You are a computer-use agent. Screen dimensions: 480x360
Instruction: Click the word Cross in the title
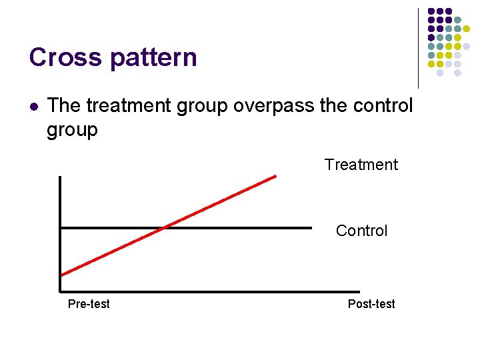(65, 57)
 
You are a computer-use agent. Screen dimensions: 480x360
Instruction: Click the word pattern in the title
(153, 58)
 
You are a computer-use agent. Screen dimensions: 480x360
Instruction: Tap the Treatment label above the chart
(361, 165)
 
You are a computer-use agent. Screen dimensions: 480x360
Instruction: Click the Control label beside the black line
(361, 231)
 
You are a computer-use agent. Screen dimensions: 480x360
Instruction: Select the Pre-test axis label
(89, 304)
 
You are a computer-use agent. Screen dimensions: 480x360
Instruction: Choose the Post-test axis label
(371, 304)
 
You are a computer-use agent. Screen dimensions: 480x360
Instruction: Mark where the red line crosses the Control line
(164, 228)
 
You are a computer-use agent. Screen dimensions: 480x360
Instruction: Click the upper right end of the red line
(275, 176)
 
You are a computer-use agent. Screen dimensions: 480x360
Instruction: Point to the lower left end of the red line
(61, 275)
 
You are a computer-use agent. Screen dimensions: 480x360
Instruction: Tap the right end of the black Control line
(311, 228)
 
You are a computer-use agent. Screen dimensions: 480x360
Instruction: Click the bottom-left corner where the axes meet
(60, 291)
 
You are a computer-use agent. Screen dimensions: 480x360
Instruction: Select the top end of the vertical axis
(60, 177)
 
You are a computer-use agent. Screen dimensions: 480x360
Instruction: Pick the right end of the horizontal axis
(340, 291)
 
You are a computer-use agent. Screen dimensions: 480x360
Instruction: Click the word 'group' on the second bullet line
(72, 129)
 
